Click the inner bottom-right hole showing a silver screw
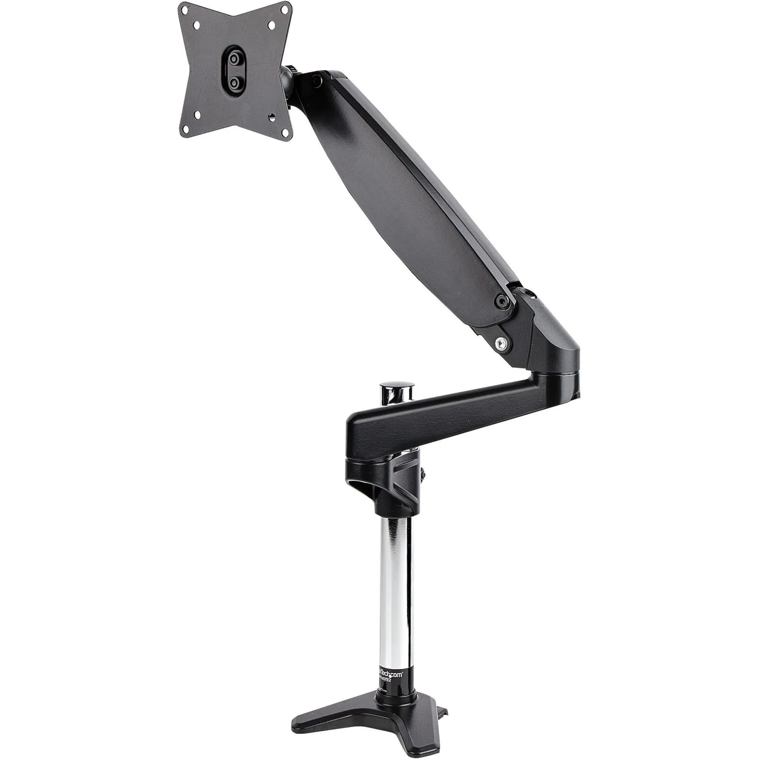tap(271, 117)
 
